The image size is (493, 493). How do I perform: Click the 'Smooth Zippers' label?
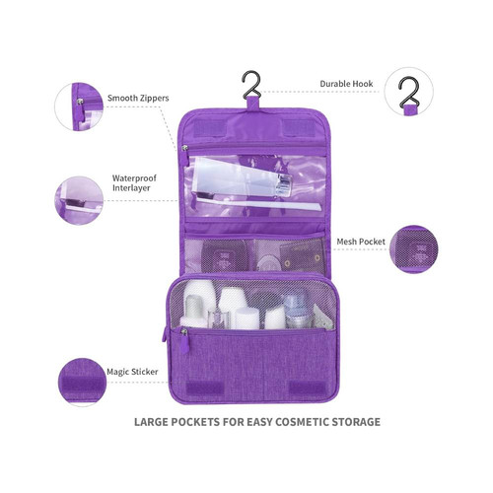click(x=138, y=98)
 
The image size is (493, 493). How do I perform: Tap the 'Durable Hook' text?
click(x=346, y=84)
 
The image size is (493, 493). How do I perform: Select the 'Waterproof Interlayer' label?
click(x=134, y=183)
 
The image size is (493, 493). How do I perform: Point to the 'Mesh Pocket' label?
click(x=361, y=242)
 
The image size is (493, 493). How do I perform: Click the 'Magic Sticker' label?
click(x=132, y=372)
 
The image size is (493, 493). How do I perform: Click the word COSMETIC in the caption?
click(x=302, y=422)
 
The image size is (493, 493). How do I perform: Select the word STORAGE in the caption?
click(x=356, y=422)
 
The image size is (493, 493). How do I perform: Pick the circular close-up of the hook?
click(x=408, y=92)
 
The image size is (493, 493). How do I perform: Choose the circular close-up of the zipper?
click(x=79, y=106)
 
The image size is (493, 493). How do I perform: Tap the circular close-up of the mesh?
click(x=414, y=249)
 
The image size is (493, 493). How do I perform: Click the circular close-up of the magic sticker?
click(x=82, y=383)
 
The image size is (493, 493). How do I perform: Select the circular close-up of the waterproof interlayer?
click(x=79, y=200)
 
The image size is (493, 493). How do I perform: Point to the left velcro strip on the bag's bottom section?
click(x=205, y=388)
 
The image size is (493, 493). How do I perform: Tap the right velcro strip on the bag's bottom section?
click(x=307, y=388)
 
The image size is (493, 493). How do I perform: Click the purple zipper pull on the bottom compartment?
click(x=184, y=342)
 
